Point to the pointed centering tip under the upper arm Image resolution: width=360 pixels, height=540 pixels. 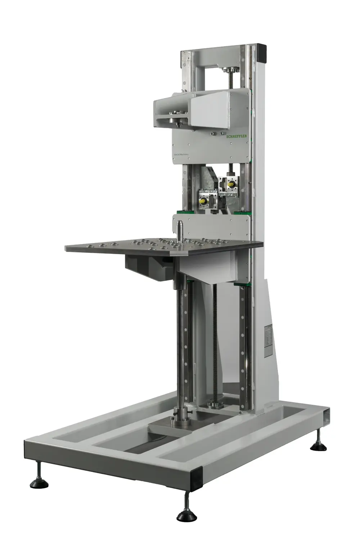(179, 125)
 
